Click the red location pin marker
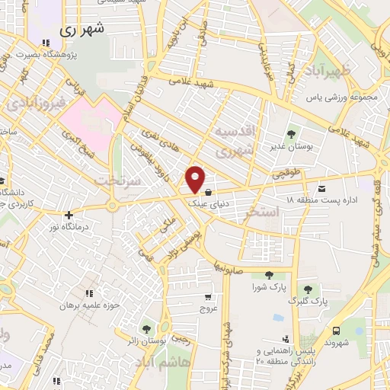pyautogui.click(x=196, y=179)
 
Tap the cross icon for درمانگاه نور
pyautogui.click(x=69, y=216)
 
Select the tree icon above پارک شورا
pyautogui.click(x=269, y=276)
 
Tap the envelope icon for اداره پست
pyautogui.click(x=321, y=187)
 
